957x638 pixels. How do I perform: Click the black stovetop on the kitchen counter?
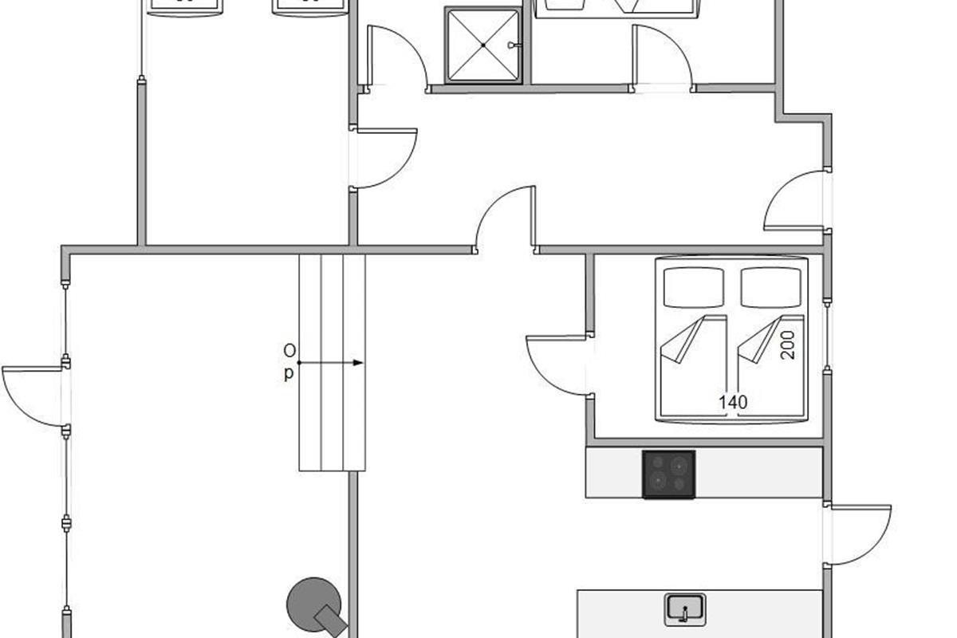point(668,475)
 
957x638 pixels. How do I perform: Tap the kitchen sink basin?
point(685,610)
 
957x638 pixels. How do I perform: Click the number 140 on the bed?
point(733,402)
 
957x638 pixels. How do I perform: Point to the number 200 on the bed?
point(787,345)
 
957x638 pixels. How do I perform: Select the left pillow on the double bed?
point(694,287)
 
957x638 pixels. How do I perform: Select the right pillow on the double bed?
point(770,287)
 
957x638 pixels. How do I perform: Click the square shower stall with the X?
point(483,45)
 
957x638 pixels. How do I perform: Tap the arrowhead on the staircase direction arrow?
point(358,363)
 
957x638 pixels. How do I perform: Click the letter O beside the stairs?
point(289,351)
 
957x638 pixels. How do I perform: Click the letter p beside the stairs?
point(289,374)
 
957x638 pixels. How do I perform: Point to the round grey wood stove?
point(315,605)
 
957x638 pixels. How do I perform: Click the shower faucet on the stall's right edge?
point(514,45)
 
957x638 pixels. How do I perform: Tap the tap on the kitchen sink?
point(685,613)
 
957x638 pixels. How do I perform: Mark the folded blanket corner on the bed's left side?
point(683,340)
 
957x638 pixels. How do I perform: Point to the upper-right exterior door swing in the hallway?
point(794,200)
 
